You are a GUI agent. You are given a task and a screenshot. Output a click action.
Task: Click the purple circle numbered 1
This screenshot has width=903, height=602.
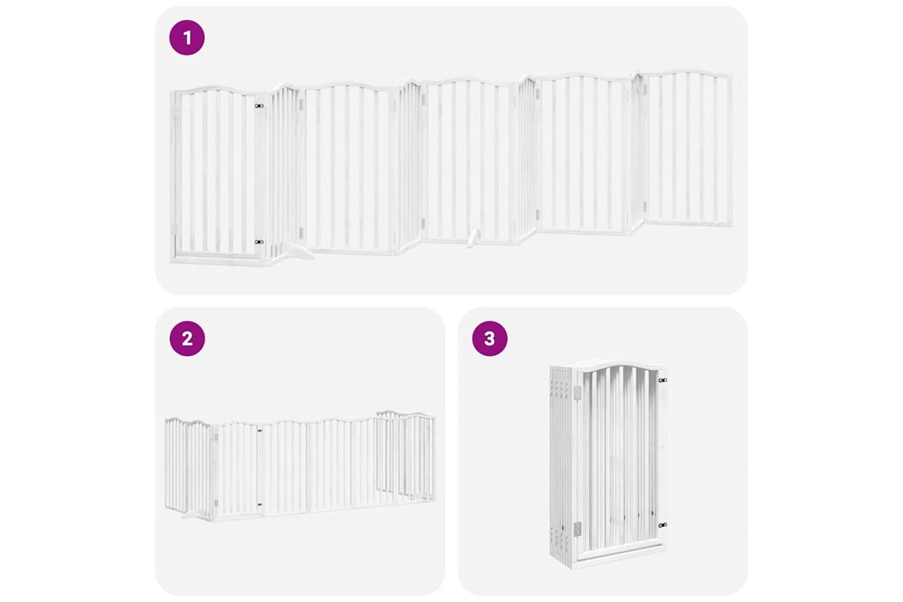[187, 37]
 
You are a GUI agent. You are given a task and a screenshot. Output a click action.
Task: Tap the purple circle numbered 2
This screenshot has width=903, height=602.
[187, 338]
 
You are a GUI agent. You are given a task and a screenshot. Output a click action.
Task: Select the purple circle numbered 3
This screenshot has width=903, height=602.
[490, 338]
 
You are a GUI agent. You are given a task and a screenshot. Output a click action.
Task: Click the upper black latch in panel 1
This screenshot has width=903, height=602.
[259, 106]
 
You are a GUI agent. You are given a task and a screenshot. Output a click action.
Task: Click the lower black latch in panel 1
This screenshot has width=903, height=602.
[259, 242]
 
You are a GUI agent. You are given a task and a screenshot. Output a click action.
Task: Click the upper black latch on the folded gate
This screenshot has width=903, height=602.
[662, 380]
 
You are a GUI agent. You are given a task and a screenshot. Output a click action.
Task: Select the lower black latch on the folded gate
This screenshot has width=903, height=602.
[662, 524]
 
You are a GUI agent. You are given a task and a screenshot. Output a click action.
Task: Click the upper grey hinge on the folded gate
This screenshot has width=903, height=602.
[577, 392]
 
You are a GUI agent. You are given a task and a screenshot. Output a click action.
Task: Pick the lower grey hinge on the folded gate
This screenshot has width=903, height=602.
[577, 528]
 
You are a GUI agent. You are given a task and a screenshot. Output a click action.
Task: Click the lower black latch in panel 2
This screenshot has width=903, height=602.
[259, 504]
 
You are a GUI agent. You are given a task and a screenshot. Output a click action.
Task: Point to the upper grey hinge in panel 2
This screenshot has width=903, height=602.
[216, 437]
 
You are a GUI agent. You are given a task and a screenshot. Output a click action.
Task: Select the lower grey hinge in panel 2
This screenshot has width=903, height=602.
[216, 503]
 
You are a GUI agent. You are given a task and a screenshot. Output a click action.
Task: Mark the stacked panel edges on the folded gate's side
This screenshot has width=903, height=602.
[562, 464]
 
